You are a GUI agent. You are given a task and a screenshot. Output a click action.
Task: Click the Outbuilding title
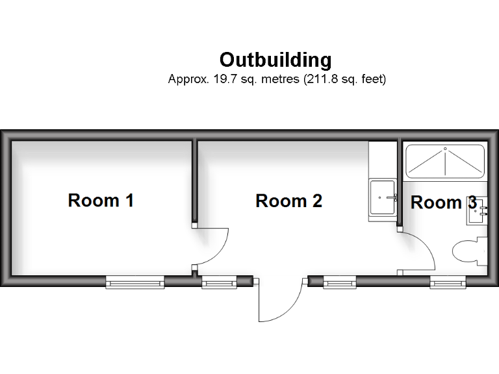click(x=275, y=60)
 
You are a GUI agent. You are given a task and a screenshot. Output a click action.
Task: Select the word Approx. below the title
click(x=186, y=80)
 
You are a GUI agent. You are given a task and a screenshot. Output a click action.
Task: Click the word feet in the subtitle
click(x=372, y=80)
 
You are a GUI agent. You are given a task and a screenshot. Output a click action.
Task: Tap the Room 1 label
click(x=101, y=200)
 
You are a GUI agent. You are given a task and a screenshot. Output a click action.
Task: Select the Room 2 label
click(x=288, y=201)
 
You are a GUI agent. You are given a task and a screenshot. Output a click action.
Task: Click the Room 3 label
click(x=443, y=203)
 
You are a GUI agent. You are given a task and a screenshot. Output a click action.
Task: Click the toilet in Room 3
click(x=469, y=251)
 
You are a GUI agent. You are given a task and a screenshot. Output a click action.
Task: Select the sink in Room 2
click(x=383, y=198)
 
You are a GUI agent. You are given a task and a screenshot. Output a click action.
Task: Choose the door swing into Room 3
click(x=419, y=250)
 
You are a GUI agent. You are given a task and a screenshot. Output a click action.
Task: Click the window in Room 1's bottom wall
click(x=135, y=282)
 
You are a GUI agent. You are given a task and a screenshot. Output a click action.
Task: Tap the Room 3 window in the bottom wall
click(x=448, y=282)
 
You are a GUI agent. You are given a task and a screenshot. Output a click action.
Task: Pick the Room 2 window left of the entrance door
click(x=219, y=282)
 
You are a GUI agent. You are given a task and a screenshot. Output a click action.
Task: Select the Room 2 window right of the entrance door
click(x=339, y=282)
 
